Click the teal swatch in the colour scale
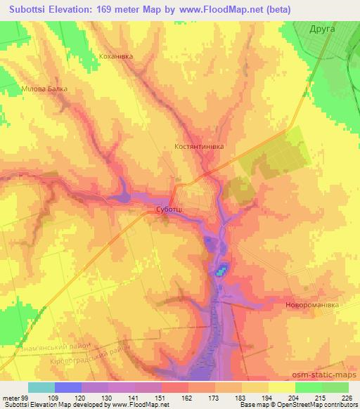click(41, 387)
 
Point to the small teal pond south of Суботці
click(221, 271)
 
